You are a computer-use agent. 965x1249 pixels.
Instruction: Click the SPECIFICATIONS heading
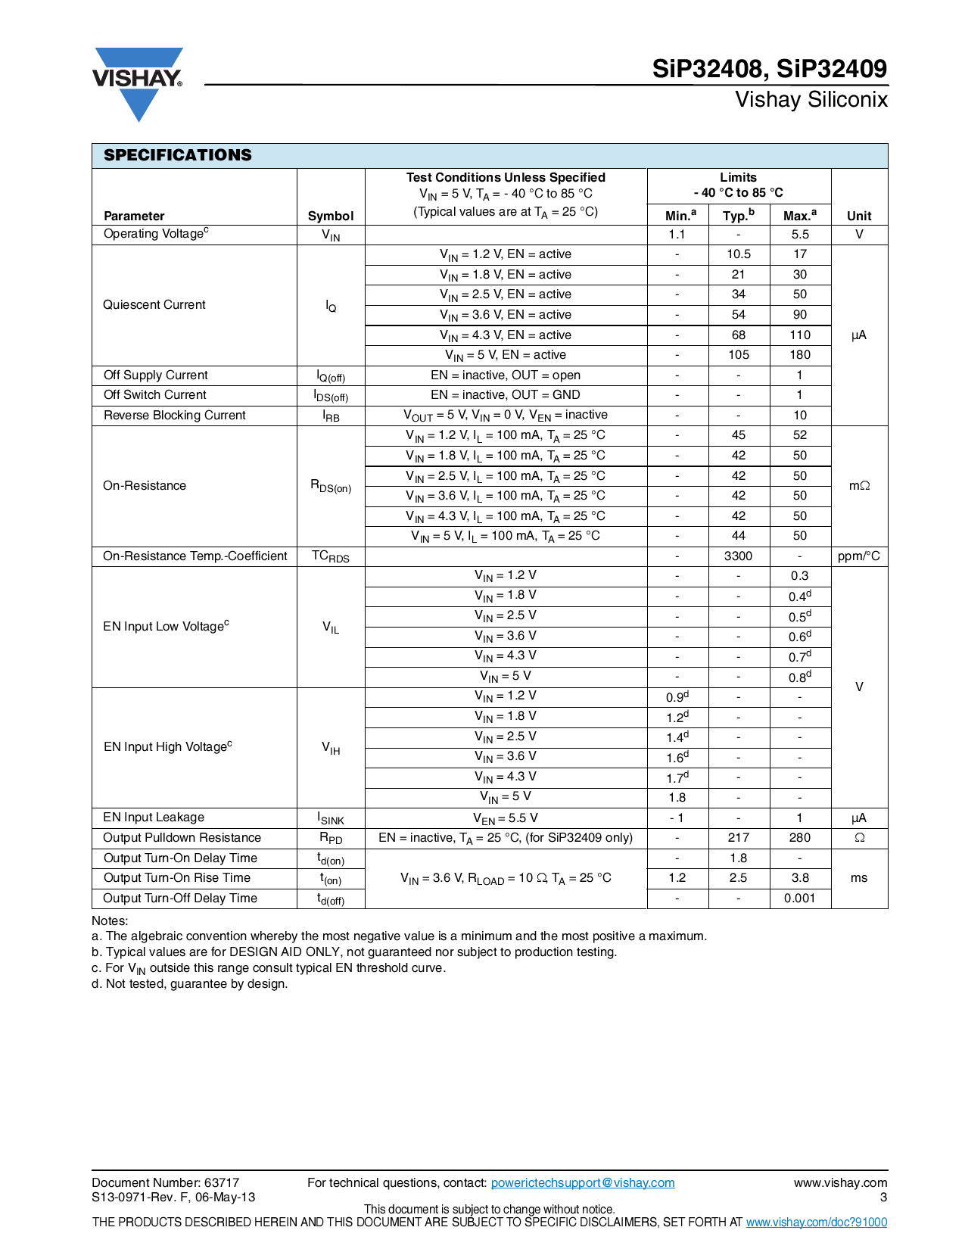[177, 155]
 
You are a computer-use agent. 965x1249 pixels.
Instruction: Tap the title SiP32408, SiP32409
[769, 69]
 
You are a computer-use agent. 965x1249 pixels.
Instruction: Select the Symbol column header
[331, 216]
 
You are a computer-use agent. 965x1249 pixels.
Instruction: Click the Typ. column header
[738, 216]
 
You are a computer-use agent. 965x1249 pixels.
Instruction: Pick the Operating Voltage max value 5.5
[800, 235]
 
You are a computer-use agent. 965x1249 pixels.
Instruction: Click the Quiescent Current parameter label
[154, 304]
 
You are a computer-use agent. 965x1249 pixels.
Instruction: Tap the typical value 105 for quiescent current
[738, 355]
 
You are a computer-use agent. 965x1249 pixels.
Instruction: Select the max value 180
[800, 355]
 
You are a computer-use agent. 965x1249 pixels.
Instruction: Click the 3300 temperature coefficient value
[738, 556]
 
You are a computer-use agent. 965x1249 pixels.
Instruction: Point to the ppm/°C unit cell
[858, 556]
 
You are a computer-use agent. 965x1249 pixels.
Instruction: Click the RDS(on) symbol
[331, 486]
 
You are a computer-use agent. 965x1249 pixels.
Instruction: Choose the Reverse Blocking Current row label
[175, 416]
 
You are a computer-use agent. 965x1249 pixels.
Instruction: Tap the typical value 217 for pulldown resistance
[738, 838]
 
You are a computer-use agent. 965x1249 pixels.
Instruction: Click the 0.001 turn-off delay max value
[800, 899]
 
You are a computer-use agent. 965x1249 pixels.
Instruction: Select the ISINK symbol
[331, 818]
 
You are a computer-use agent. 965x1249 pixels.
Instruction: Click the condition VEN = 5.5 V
[506, 818]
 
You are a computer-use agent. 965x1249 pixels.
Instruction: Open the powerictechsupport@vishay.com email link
[582, 1183]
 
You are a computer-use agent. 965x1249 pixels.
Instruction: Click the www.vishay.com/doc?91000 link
[816, 1223]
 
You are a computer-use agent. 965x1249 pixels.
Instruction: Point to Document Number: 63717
[166, 1183]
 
